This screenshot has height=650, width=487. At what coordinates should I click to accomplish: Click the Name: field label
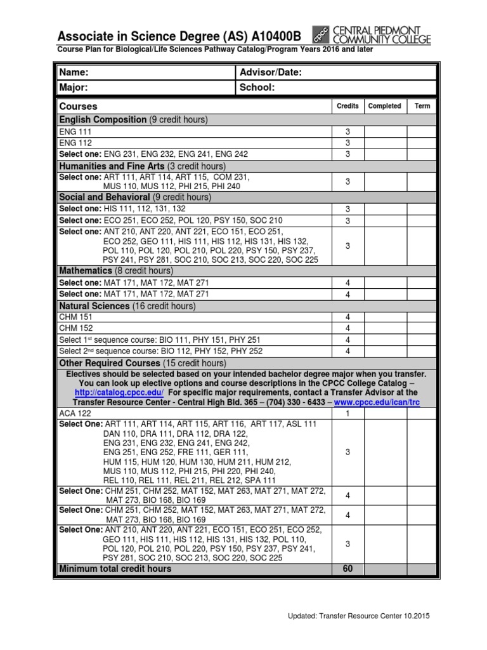[73, 72]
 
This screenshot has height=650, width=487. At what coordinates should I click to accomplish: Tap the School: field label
[257, 88]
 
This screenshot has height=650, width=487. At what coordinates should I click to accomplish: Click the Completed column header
[384, 106]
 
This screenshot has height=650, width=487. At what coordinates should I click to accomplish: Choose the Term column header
[422, 106]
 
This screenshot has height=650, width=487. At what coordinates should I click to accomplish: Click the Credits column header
[347, 106]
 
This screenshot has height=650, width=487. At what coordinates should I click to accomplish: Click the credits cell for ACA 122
[347, 413]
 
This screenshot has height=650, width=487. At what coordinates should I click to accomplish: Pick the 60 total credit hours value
[347, 569]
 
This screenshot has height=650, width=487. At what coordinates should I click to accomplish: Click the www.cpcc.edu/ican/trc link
[377, 402]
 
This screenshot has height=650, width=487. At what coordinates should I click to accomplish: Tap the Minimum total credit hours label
[115, 569]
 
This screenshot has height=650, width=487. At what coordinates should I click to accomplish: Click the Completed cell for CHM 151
[384, 317]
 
